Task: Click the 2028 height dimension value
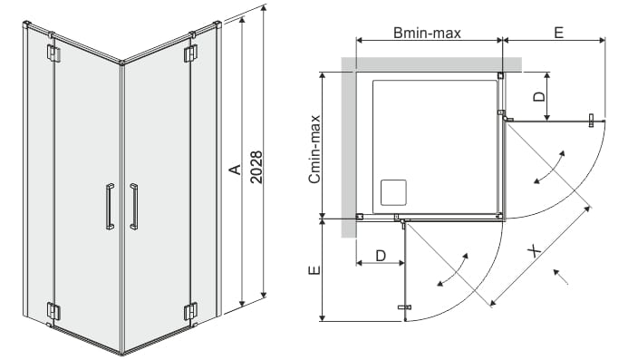pos(256,167)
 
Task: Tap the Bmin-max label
pos(427,33)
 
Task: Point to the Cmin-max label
pos(314,149)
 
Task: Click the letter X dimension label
pos(534,252)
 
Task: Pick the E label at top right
pos(559,32)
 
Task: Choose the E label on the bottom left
pos(314,270)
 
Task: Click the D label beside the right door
pos(540,96)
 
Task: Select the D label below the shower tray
pos(381,255)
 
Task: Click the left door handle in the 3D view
pos(110,207)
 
